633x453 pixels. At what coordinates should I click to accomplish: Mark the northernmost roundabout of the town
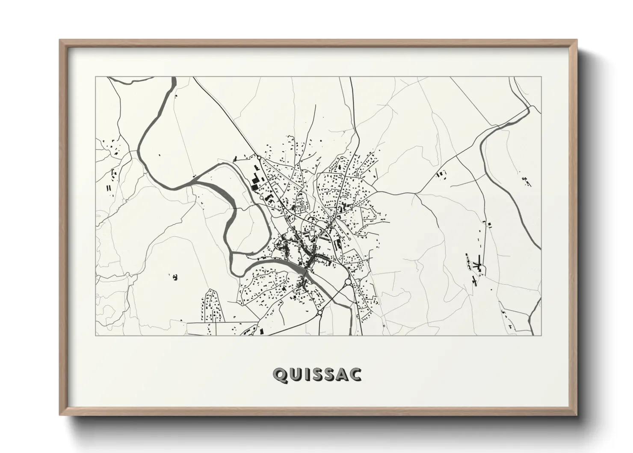pyautogui.click(x=259, y=158)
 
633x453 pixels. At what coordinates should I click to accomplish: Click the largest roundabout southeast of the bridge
pyautogui.click(x=348, y=282)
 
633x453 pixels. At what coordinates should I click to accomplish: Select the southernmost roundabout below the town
pyautogui.click(x=319, y=313)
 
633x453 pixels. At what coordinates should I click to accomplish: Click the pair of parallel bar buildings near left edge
pyautogui.click(x=109, y=188)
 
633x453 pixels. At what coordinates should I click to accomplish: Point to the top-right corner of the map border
pyautogui.click(x=541, y=77)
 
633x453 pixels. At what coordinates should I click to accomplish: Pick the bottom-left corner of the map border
pyautogui.click(x=95, y=335)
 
